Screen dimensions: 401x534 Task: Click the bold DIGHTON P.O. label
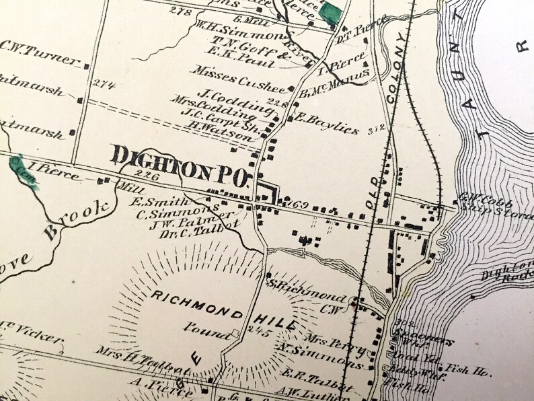tap(181, 159)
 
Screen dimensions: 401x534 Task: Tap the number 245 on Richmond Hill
tap(256, 332)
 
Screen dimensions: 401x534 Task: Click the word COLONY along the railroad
tap(401, 66)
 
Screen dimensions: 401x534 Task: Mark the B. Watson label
tap(210, 135)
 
